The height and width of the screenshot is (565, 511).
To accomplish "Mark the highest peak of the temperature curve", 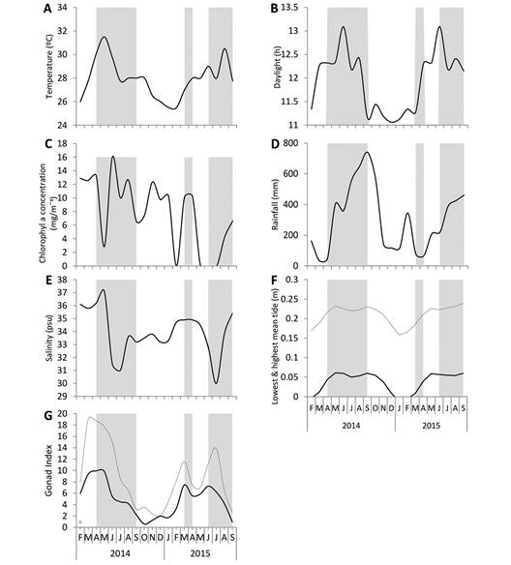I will pos(103,38).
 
